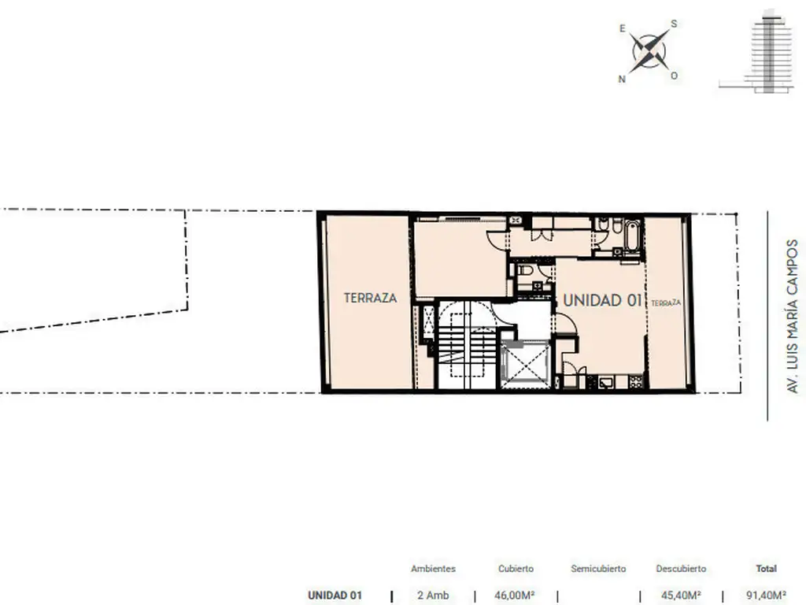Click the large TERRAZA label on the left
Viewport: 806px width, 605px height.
click(370, 298)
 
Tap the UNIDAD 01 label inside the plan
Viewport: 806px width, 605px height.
click(602, 300)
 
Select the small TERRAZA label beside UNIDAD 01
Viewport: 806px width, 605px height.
click(666, 303)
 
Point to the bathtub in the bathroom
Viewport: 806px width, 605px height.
click(632, 236)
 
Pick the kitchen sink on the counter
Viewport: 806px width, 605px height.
click(607, 382)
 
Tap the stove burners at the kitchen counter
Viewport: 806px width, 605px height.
click(636, 382)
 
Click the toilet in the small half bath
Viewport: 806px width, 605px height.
click(523, 271)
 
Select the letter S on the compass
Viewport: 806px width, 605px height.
click(674, 24)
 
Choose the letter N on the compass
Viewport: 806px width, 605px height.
click(622, 80)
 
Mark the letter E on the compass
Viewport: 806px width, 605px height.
click(623, 29)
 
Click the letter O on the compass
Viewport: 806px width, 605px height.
click(674, 76)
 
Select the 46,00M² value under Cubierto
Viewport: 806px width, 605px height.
click(515, 596)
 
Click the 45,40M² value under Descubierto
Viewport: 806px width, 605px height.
click(681, 596)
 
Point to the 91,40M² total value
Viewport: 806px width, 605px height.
click(766, 596)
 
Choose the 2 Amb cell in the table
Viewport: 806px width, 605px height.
click(434, 596)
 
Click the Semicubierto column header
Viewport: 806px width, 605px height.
click(598, 569)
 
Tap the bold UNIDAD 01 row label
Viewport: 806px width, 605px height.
click(335, 596)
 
